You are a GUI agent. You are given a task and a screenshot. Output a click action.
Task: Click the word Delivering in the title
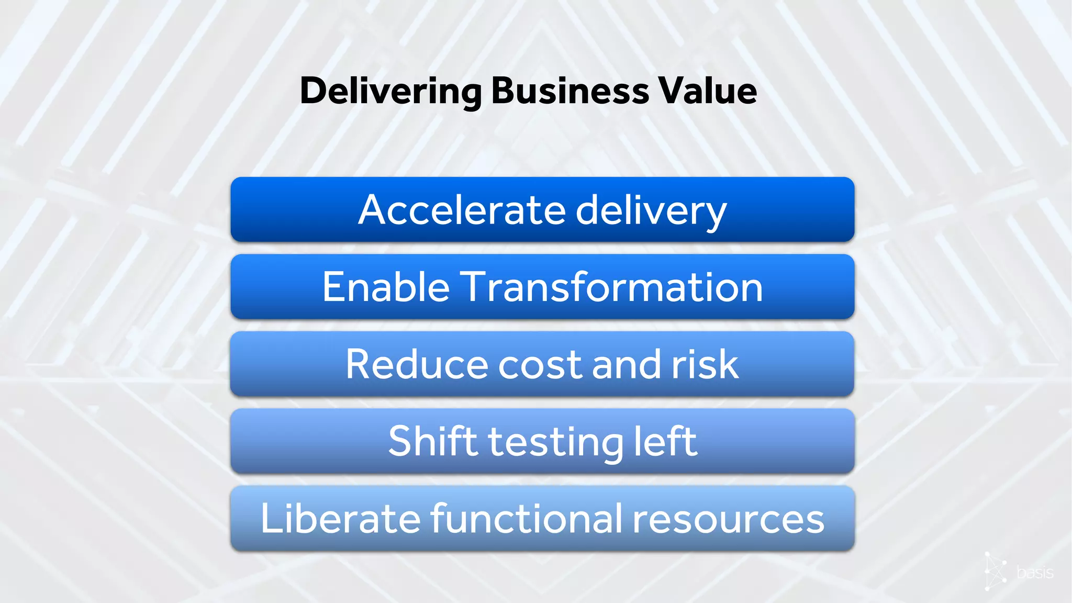(x=390, y=92)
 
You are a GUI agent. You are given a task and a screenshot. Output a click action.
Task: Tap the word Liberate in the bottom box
(x=340, y=519)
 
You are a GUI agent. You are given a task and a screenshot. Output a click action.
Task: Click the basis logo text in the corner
(x=1035, y=573)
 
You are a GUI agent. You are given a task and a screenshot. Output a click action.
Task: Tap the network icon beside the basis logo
(x=995, y=571)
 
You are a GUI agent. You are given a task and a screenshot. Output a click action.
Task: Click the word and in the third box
(x=626, y=364)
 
